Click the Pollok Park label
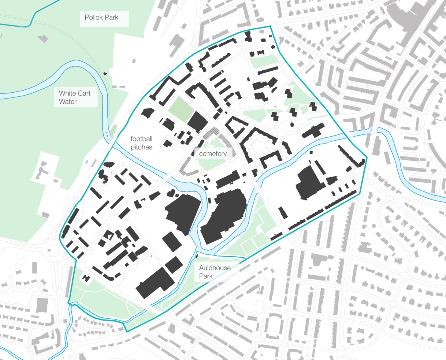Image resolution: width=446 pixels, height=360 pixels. [101, 18]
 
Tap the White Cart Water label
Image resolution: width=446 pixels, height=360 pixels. [74, 97]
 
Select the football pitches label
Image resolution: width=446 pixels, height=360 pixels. [141, 143]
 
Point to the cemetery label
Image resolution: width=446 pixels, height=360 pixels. [213, 153]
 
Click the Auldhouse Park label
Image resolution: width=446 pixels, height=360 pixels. [215, 272]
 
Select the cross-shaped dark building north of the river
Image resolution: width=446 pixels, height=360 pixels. [313, 131]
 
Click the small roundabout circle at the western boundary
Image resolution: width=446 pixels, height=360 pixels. [50, 250]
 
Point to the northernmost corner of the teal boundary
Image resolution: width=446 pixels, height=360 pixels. [270, 26]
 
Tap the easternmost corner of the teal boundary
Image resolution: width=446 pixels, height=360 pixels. [367, 158]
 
